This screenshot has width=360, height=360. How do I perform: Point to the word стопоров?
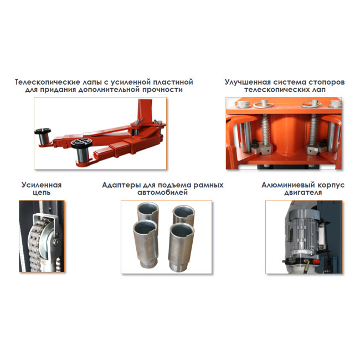(x=327, y=82)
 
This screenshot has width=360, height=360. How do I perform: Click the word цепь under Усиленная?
(x=42, y=193)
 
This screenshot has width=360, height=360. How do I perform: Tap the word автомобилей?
(x=162, y=192)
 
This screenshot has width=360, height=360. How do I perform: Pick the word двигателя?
(x=303, y=193)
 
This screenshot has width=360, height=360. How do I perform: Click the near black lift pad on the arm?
(x=82, y=143)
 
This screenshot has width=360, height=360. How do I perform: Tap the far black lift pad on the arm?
(x=43, y=131)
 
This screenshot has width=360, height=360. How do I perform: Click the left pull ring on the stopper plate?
(x=263, y=105)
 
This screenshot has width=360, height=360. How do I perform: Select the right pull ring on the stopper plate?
(x=311, y=105)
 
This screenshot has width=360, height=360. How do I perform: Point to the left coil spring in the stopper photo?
(x=266, y=130)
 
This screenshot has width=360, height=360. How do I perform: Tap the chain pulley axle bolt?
(x=56, y=240)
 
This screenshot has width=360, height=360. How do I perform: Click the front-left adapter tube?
(x=146, y=244)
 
